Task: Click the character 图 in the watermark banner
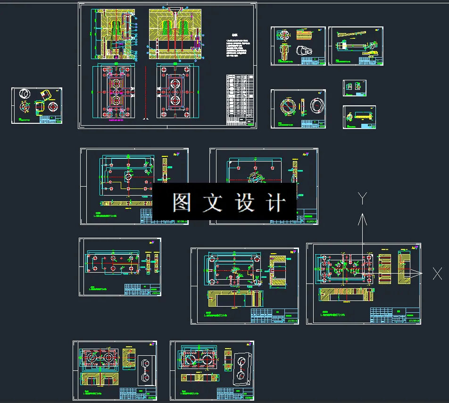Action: click(x=181, y=203)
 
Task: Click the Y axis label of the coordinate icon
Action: click(x=362, y=198)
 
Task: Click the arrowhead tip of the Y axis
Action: click(x=362, y=215)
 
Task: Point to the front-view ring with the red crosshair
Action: click(x=288, y=106)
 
